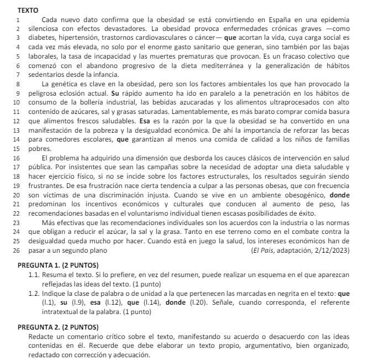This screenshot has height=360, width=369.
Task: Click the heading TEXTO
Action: [x=28, y=10]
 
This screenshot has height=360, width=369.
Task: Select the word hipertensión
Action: [x=73, y=38]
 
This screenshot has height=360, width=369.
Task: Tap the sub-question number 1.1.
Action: [x=34, y=275]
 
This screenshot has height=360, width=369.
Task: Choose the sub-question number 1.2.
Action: [x=34, y=294]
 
